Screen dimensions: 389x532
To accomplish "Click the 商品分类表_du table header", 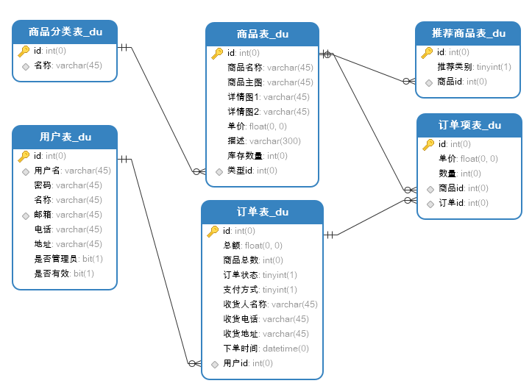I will tap(65, 32).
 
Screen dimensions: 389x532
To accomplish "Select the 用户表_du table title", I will tap(65, 137).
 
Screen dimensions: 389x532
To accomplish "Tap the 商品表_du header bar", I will tap(262, 34).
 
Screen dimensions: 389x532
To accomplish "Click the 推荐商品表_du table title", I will tap(469, 33).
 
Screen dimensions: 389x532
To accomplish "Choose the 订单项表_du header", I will tap(469, 125).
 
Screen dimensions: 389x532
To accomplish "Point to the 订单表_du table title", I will tap(262, 212).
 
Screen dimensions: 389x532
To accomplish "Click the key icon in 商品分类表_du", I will tap(24, 51).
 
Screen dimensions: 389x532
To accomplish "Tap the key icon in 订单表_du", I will tap(213, 231).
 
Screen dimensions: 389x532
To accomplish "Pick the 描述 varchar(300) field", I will tap(263, 141).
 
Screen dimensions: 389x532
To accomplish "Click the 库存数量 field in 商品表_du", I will tap(257, 156).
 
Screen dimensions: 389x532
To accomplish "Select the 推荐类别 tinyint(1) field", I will tap(474, 67).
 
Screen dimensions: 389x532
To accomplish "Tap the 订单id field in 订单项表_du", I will tap(463, 203).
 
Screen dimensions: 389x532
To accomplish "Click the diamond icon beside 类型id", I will tap(219, 171).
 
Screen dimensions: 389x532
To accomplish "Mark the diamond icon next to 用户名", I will tap(25, 171).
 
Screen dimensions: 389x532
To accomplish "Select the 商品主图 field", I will tap(270, 82).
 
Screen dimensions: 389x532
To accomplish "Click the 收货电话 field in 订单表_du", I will tap(266, 319).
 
